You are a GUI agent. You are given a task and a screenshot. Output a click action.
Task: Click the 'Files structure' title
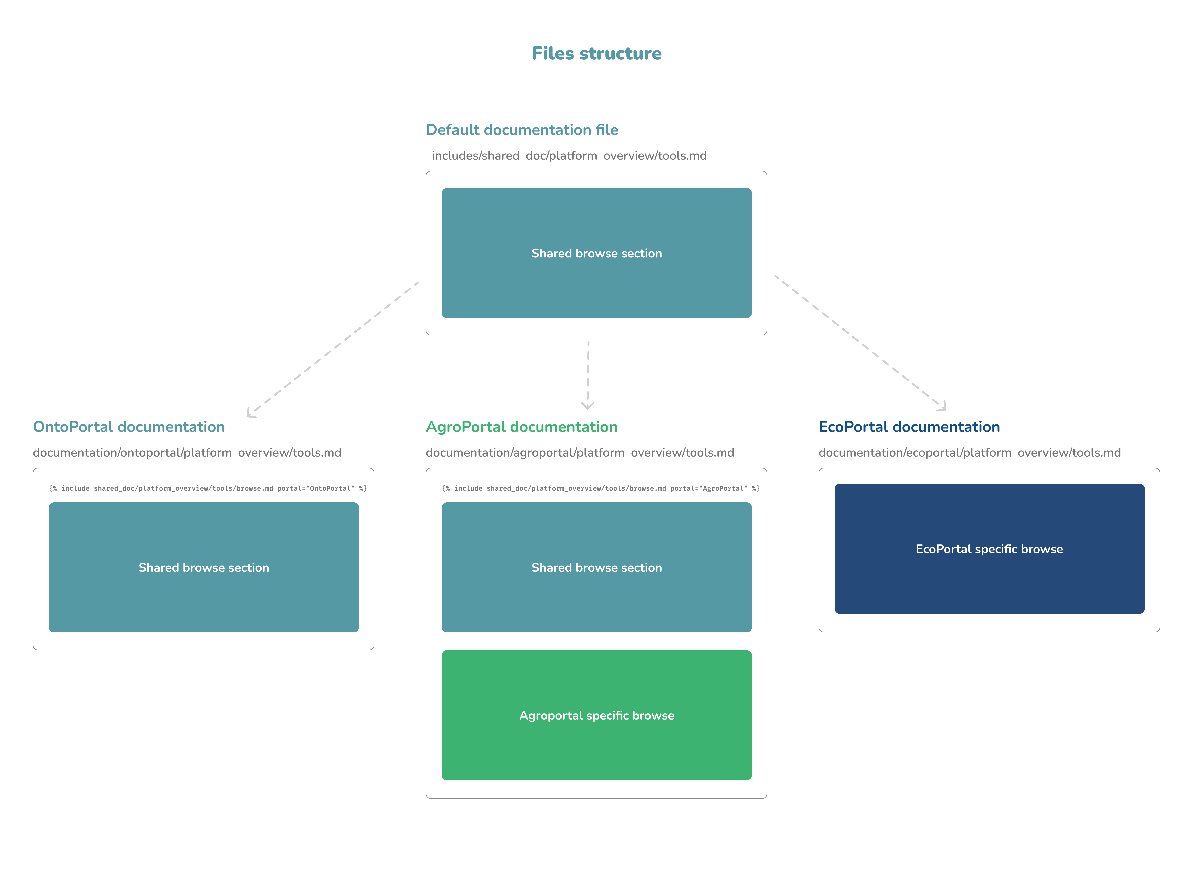(596, 53)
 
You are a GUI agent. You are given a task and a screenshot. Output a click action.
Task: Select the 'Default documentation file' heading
(522, 130)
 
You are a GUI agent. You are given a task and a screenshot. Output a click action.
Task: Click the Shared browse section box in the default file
(596, 253)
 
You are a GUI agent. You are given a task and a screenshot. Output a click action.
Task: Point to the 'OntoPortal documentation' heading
(129, 427)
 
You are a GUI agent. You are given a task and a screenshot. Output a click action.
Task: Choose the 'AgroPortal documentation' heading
(522, 427)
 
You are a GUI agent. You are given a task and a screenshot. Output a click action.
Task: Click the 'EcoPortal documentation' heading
(909, 427)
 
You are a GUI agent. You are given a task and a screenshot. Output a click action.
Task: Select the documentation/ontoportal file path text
(187, 453)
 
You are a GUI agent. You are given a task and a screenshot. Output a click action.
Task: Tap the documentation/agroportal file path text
(580, 453)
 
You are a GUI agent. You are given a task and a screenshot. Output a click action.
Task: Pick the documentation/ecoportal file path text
(969, 453)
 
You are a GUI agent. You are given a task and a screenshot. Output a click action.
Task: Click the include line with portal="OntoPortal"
(208, 488)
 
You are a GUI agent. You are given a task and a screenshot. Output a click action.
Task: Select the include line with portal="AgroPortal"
(601, 488)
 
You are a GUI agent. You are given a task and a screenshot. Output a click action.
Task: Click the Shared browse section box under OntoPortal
(204, 568)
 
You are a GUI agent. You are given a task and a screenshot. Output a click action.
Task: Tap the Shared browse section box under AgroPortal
(596, 568)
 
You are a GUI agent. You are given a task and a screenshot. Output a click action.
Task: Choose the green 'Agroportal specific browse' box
(596, 716)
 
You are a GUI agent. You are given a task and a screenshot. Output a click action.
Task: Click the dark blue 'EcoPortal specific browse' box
(989, 549)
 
